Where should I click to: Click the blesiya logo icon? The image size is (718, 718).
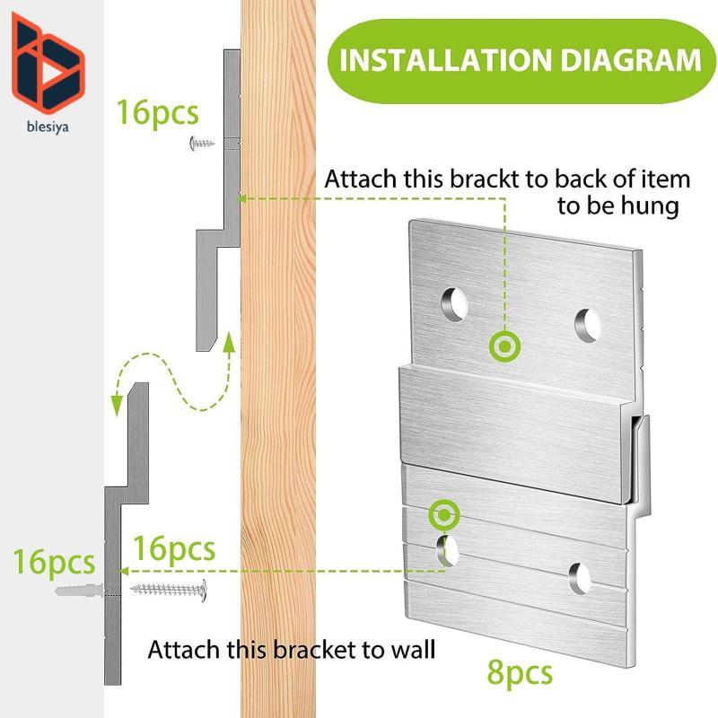[x=48, y=63]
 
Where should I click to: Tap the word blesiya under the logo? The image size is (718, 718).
[x=48, y=127]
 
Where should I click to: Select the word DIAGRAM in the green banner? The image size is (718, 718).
[x=631, y=60]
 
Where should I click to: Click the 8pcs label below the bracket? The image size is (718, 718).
[x=520, y=673]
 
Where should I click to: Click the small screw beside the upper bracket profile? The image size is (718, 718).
[x=201, y=144]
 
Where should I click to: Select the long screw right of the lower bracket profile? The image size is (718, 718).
[x=169, y=590]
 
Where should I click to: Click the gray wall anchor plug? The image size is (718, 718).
[x=79, y=590]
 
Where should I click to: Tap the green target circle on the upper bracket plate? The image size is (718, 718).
[x=504, y=346]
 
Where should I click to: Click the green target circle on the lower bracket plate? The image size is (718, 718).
[x=444, y=515]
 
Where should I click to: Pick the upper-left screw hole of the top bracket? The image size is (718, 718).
[x=454, y=304]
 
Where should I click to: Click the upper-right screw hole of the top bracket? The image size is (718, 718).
[x=588, y=325]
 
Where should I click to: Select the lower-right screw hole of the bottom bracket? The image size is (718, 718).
[x=580, y=578]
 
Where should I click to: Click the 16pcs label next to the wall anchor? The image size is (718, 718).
[x=54, y=563]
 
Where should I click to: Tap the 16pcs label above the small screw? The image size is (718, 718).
[x=158, y=113]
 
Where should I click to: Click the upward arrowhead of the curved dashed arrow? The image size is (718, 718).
[x=229, y=343]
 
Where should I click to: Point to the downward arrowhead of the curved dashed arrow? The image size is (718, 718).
[x=118, y=406]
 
